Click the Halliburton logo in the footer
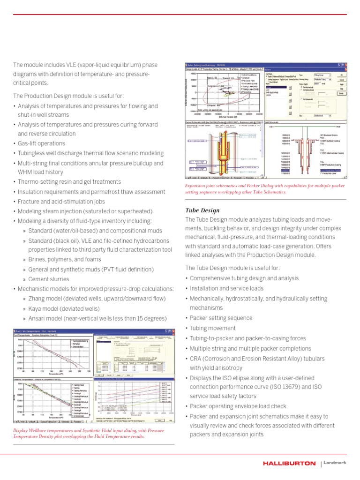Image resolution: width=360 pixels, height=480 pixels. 289,463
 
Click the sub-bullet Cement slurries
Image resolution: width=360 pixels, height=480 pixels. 48,279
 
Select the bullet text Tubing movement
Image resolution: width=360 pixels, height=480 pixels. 210,328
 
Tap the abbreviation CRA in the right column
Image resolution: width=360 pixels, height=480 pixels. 197,359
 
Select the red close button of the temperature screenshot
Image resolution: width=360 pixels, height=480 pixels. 173,331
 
